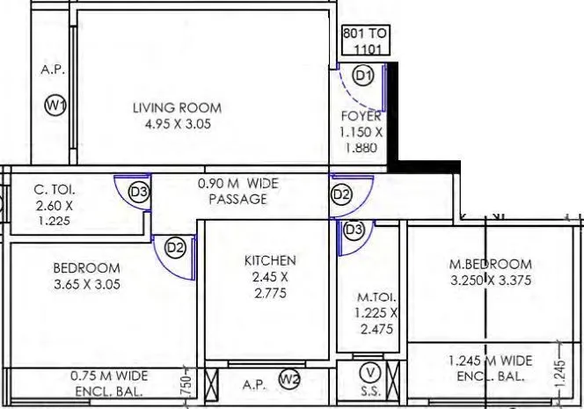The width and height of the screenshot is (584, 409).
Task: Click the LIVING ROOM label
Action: click(177, 107)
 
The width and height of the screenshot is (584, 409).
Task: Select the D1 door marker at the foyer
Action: click(363, 77)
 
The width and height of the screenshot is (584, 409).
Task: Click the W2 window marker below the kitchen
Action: click(289, 379)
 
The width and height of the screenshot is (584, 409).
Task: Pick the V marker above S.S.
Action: click(371, 370)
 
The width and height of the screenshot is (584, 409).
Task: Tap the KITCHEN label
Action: click(270, 260)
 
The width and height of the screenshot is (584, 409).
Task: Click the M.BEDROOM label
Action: click(490, 264)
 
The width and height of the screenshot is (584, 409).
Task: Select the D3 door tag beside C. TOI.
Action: click(138, 191)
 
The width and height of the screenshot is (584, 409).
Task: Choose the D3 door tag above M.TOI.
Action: click(354, 230)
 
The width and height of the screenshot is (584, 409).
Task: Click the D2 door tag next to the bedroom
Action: click(175, 248)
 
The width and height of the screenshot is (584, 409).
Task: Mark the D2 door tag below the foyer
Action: click(341, 194)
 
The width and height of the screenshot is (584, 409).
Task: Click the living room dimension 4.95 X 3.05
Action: click(179, 124)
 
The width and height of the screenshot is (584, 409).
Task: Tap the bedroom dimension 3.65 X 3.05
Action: click(86, 284)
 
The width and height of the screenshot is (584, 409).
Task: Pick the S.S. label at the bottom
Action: click(370, 391)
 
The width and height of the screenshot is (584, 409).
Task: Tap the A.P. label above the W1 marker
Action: click(53, 69)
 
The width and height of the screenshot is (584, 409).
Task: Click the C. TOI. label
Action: click(55, 189)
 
